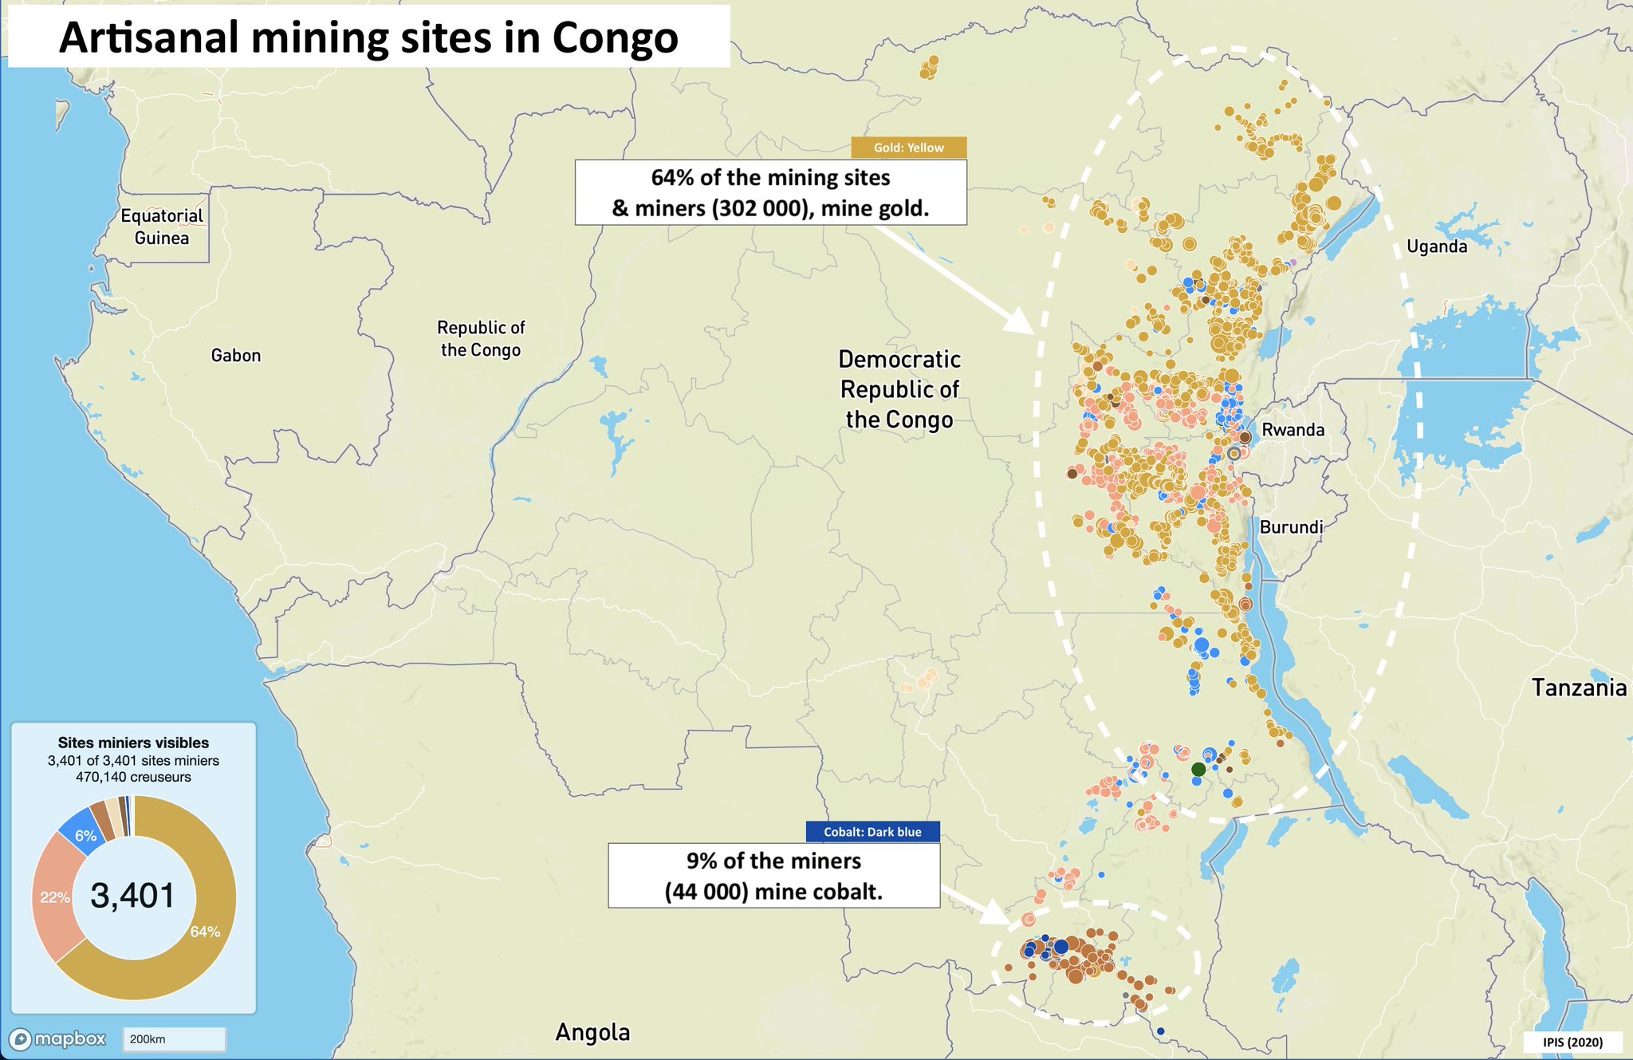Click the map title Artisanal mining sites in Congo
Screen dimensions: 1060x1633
coord(368,37)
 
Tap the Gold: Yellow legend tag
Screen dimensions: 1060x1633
coord(908,148)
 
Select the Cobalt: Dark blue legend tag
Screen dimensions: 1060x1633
coord(872,832)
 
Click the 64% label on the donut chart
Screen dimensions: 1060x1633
coord(205,932)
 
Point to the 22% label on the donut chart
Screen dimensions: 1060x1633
coord(55,897)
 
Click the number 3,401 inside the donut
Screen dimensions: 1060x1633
coord(132,896)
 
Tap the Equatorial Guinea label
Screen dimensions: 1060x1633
coord(162,227)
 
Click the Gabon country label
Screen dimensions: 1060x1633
coord(236,356)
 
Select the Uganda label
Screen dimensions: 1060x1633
coord(1437,246)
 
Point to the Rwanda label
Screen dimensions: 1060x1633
coord(1293,430)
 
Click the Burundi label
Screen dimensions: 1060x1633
coord(1291,527)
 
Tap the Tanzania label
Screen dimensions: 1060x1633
coord(1579,688)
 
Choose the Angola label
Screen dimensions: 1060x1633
coord(592,1032)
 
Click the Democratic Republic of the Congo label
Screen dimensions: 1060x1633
coord(899,389)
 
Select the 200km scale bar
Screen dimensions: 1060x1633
coord(174,1039)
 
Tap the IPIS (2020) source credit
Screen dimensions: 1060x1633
coord(1572,1042)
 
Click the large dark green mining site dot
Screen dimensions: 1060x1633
coord(1198,769)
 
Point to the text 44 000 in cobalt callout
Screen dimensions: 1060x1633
coord(707,892)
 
